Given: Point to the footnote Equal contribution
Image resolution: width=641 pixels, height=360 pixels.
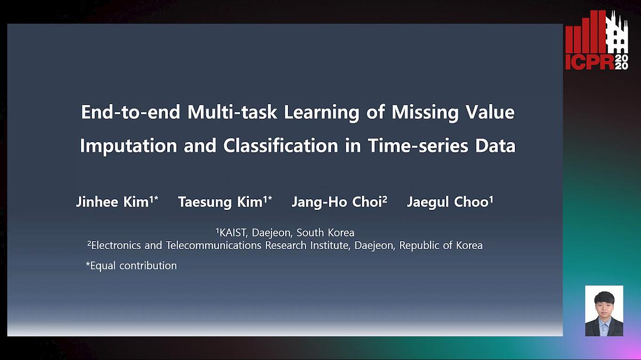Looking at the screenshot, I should point(131,265).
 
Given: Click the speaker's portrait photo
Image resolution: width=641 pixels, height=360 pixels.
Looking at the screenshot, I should point(604,311).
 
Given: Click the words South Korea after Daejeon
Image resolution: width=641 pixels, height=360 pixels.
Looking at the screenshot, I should point(325,233).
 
